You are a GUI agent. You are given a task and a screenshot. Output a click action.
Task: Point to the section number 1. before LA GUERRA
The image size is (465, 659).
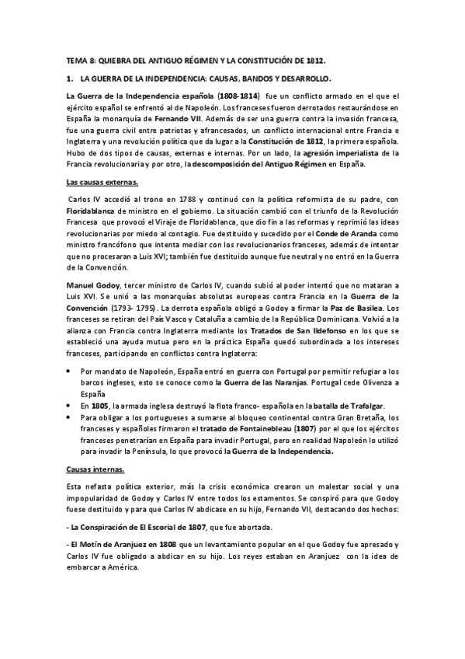click(x=69, y=78)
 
